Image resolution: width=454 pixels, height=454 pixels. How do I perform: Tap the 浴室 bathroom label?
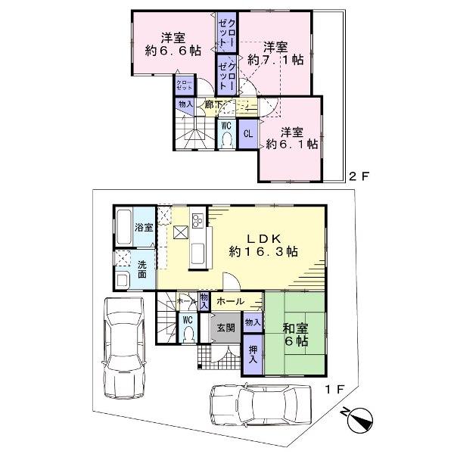click(x=144, y=227)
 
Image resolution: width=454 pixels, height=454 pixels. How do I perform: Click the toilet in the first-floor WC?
click(x=190, y=334)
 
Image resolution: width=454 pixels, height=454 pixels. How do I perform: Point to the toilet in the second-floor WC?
click(x=225, y=138)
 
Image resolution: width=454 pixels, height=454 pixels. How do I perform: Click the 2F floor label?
click(x=357, y=177)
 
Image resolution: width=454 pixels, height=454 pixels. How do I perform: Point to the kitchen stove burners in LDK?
click(x=197, y=221)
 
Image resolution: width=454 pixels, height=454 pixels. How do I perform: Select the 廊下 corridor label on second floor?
click(x=213, y=104)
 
